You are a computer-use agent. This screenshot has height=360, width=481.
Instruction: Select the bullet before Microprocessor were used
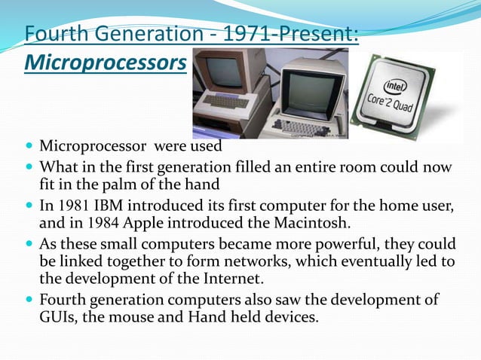pyautogui.click(x=29, y=145)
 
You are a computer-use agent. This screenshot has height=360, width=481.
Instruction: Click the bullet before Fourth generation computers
pyautogui.click(x=29, y=300)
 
